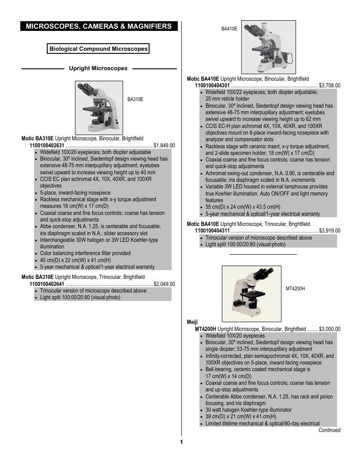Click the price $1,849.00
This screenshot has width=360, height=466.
click(x=164, y=146)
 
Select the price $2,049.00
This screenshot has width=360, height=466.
click(x=164, y=284)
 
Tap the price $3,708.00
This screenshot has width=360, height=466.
click(x=330, y=86)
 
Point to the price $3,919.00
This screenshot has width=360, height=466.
click(x=330, y=231)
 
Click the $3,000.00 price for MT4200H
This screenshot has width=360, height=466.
click(x=330, y=329)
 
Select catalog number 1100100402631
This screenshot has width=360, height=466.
click(x=47, y=146)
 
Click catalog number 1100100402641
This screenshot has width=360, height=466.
click(x=47, y=284)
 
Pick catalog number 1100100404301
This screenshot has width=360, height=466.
click(x=212, y=86)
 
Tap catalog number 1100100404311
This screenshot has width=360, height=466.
click(x=212, y=231)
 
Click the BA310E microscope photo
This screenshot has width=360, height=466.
click(x=99, y=108)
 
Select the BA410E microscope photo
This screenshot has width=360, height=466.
click(x=269, y=47)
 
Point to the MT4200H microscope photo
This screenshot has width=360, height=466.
click(x=251, y=293)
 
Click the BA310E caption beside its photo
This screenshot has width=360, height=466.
click(x=135, y=99)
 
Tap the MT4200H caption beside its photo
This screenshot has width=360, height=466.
click(x=295, y=289)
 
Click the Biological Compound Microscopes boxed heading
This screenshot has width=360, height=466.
click(x=98, y=49)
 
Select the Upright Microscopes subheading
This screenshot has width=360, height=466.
click(x=98, y=68)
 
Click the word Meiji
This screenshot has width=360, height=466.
click(x=192, y=322)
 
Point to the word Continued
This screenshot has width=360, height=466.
click(x=330, y=430)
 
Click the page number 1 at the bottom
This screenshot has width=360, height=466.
click(x=181, y=442)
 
